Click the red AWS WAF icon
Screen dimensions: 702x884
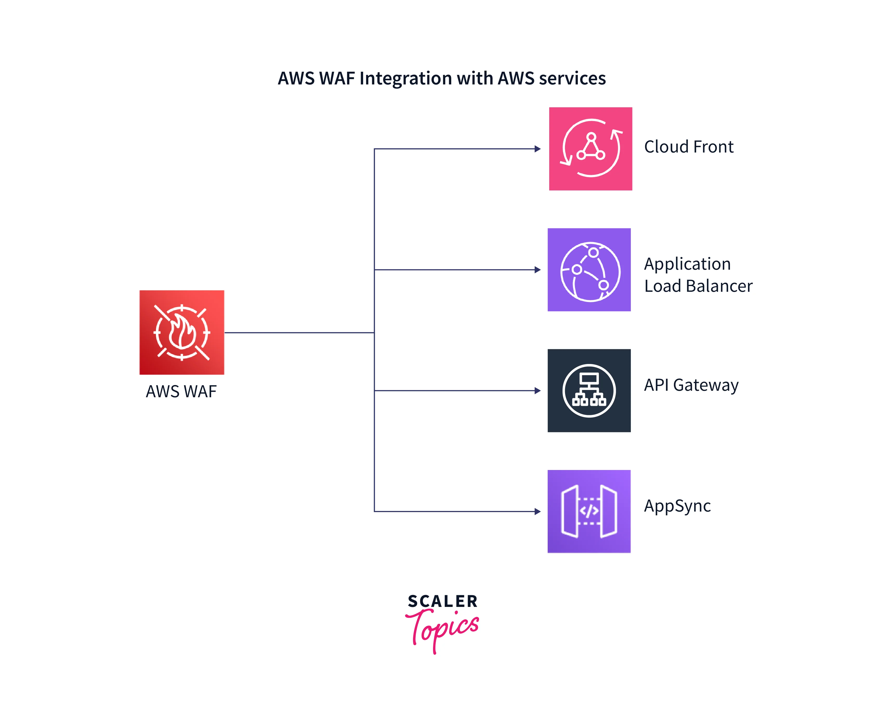click(182, 332)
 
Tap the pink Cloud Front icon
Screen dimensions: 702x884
click(591, 149)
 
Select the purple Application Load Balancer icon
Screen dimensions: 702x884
click(589, 270)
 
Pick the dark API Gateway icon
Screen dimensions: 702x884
click(589, 390)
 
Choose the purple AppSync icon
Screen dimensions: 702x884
click(589, 512)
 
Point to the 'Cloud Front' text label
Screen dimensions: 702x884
click(689, 147)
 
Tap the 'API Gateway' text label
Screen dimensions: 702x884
click(691, 385)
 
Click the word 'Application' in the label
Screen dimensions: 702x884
click(687, 264)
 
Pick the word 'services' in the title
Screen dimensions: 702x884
click(572, 78)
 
